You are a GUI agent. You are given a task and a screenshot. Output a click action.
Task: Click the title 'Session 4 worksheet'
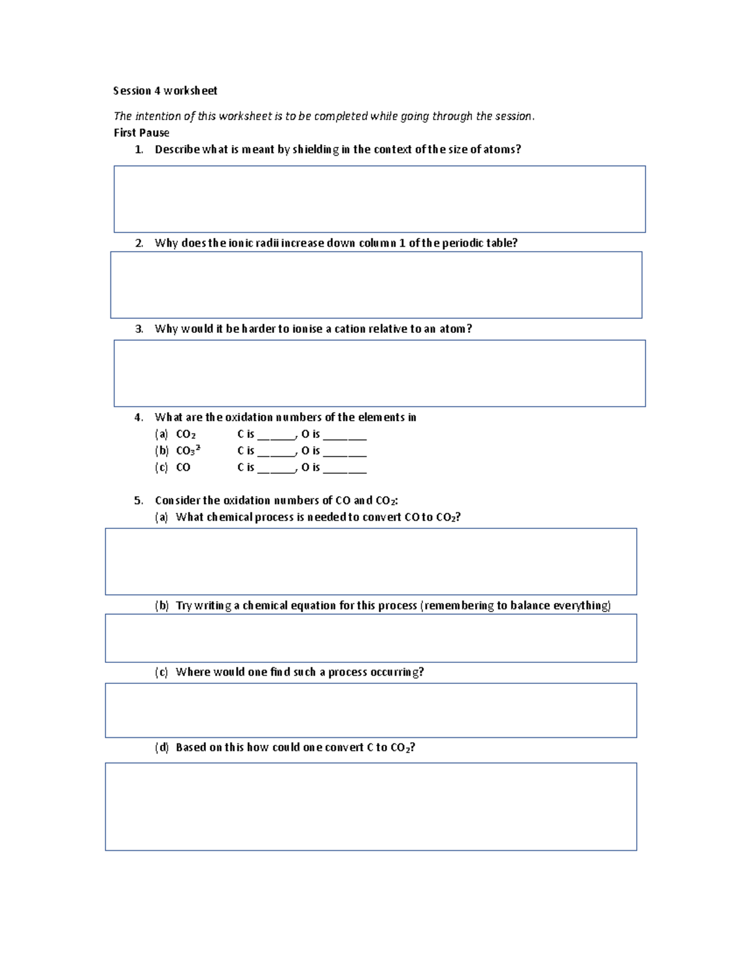click(x=165, y=91)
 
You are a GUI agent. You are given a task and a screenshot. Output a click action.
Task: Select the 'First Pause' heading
click(x=141, y=133)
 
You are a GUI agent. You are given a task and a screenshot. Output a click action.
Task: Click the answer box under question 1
click(x=379, y=199)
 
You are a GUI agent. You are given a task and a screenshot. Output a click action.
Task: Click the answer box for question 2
click(x=376, y=285)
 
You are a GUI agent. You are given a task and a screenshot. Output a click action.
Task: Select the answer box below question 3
click(x=379, y=373)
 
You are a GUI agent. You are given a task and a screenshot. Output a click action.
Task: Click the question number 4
click(x=138, y=417)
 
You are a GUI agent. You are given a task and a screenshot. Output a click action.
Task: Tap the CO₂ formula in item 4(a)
click(x=185, y=435)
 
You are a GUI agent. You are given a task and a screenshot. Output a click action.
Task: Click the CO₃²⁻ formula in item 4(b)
click(x=188, y=451)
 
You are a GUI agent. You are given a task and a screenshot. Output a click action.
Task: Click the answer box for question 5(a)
click(x=371, y=561)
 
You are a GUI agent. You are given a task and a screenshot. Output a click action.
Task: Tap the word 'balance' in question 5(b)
click(x=529, y=605)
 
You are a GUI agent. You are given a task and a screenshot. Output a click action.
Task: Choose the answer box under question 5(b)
click(x=371, y=638)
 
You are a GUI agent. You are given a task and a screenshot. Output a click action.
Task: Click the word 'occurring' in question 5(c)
click(x=397, y=672)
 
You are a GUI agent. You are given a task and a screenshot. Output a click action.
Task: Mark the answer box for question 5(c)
click(x=371, y=710)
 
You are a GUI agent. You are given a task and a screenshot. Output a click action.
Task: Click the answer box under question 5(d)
click(x=371, y=806)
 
